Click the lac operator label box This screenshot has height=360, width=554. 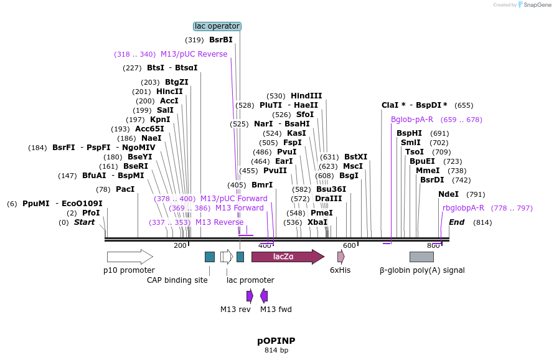[x=217, y=26]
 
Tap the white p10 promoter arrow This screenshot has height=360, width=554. [x=129, y=257]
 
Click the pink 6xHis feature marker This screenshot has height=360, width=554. [x=340, y=257]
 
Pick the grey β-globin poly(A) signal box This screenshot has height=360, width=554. [x=421, y=257]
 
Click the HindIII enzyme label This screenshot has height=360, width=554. [x=306, y=96]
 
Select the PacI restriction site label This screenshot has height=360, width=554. [x=125, y=189]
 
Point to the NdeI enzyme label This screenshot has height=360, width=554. [x=448, y=194]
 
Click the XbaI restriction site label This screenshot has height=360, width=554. [x=317, y=222]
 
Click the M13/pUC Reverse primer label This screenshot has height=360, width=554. [x=194, y=54]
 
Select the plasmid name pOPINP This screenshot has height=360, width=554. [x=276, y=341]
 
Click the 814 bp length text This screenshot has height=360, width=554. [x=276, y=351]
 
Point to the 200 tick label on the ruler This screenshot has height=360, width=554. [x=180, y=245]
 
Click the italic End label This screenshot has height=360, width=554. [x=456, y=222]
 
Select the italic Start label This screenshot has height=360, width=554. [x=84, y=222]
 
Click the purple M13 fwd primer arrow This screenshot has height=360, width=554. [x=264, y=296]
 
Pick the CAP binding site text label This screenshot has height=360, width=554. [x=177, y=280]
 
